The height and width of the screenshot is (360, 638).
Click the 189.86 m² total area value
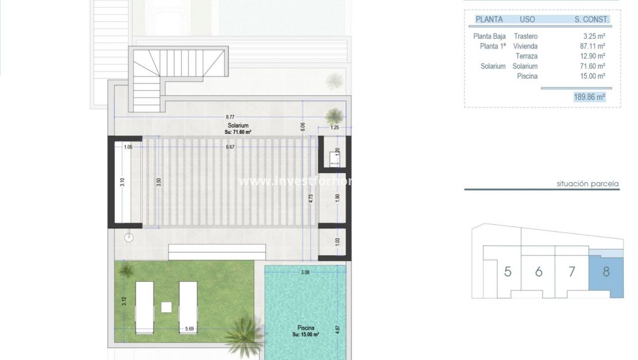tap(589, 97)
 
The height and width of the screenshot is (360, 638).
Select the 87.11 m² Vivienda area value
tap(593, 46)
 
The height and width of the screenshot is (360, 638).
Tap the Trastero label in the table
tap(525, 36)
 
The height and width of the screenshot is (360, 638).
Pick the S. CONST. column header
tap(591, 19)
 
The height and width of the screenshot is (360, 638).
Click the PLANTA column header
tap(489, 19)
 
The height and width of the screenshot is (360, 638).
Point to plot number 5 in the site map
tap(508, 271)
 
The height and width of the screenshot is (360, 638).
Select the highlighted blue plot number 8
tap(606, 271)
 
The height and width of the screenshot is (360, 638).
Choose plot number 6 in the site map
tap(539, 271)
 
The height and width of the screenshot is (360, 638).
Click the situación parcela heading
tap(587, 184)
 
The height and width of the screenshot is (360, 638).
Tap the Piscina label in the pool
tap(305, 328)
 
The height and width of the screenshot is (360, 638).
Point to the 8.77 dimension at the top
tap(230, 117)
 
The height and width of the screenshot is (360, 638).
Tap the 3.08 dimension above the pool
tap(305, 272)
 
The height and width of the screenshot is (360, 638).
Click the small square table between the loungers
tap(166, 307)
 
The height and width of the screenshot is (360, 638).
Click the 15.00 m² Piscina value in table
tap(593, 76)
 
